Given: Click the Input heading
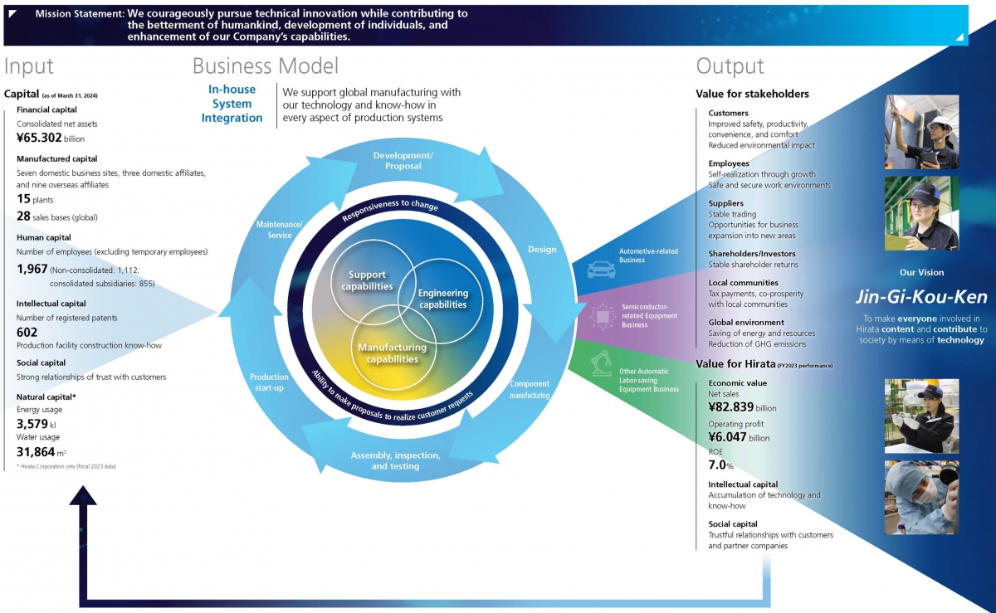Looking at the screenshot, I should point(29,66).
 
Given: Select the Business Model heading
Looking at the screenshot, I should point(266,66).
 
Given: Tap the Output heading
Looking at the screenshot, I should point(730,66).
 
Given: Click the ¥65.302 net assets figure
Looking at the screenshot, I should point(40,138).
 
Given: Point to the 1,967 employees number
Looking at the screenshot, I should point(31,269).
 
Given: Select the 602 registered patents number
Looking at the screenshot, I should point(27,332).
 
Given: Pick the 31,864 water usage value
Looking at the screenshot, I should point(37,452).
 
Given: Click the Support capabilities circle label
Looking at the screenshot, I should point(366,280).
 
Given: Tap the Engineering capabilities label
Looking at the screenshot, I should point(442,299).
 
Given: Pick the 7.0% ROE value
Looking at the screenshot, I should point(721,465).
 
